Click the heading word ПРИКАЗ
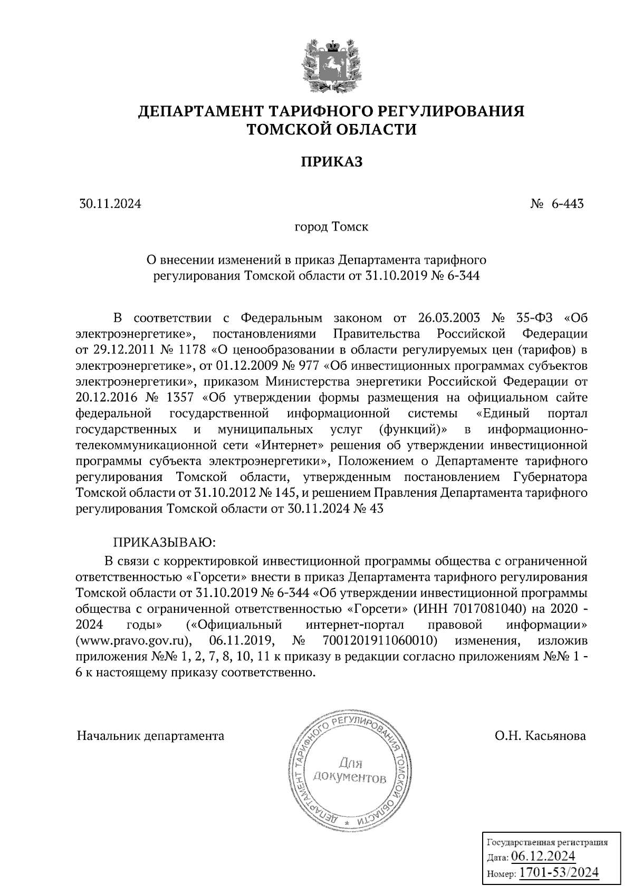point(332,162)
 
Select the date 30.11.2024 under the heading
point(110,204)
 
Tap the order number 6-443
point(568,204)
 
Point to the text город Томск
point(331,227)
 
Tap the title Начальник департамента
point(150,736)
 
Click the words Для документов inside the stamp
point(349,770)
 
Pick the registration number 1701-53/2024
point(559,872)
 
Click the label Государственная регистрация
point(546,842)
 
